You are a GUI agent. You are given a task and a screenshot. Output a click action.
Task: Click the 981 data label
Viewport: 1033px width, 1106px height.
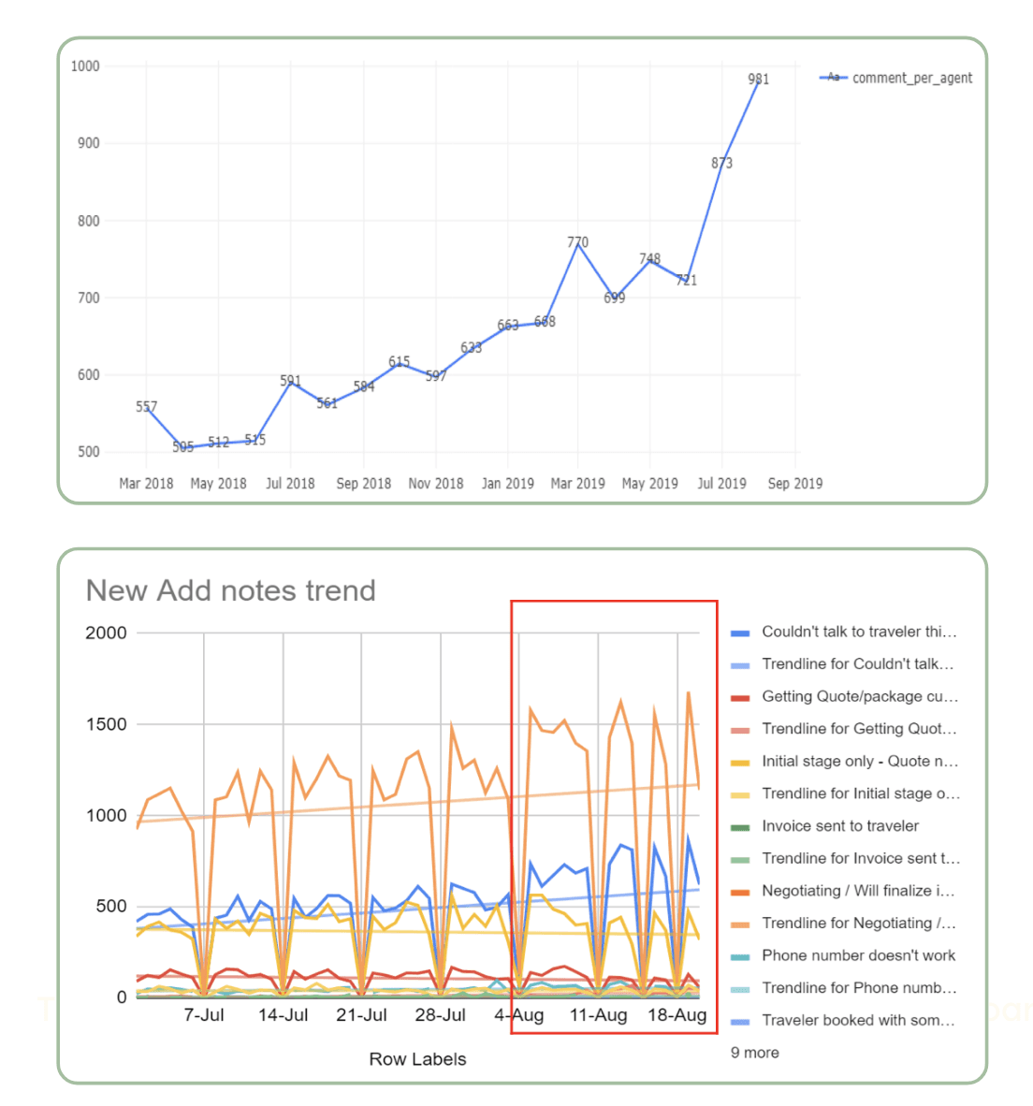(x=759, y=80)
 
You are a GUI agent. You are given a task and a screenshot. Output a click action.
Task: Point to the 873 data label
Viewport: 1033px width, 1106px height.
(x=721, y=163)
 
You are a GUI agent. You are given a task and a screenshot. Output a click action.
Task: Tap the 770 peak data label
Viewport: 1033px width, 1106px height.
(x=577, y=242)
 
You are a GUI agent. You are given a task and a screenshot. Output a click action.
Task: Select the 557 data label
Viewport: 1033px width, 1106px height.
(x=146, y=407)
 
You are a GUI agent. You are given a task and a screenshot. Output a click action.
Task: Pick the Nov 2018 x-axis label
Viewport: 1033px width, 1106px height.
(x=435, y=484)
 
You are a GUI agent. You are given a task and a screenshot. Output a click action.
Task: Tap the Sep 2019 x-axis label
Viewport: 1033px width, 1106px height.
(x=794, y=484)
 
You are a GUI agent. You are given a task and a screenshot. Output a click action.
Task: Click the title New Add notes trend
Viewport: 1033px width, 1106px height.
(x=230, y=590)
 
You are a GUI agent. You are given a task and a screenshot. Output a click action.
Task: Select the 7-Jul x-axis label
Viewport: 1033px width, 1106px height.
(x=204, y=1015)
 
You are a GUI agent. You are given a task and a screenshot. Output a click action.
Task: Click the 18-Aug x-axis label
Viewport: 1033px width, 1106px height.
(x=677, y=1015)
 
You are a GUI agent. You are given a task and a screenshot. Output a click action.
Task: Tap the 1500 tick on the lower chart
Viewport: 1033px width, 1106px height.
(x=106, y=724)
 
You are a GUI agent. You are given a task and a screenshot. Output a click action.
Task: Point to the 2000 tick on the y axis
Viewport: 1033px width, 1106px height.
(x=106, y=633)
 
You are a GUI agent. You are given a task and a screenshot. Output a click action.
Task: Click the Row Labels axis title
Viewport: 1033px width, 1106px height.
(x=417, y=1059)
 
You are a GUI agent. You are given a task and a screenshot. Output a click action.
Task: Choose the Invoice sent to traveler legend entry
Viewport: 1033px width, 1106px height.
(x=839, y=826)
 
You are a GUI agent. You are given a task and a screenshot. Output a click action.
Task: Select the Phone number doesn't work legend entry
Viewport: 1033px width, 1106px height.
(x=858, y=955)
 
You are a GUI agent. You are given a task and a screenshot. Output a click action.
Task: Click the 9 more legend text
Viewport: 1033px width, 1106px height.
(x=754, y=1053)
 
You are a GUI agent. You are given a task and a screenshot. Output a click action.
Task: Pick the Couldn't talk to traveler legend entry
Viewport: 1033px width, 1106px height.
(x=858, y=632)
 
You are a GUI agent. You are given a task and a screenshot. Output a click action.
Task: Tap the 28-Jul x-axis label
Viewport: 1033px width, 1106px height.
(x=440, y=1015)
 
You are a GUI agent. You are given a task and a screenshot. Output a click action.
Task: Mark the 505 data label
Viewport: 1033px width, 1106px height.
(x=182, y=447)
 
